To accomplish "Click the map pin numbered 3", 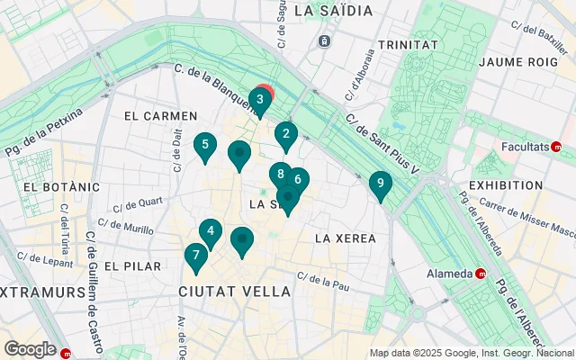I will pos(260,100).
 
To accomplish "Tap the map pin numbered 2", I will pos(286,136).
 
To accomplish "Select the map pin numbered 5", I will pos(205,145).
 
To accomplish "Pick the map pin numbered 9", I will pos(381,184).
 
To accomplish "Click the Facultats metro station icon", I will pos(557,146).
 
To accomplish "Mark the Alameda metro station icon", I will pos(481,274).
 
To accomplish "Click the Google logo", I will pos(30,348).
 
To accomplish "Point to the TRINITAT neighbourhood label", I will pos(408,44).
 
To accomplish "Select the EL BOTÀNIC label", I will pos(55,186).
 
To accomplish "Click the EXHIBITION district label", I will pos(506,184).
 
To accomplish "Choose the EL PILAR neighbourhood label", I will pos(132,266).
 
